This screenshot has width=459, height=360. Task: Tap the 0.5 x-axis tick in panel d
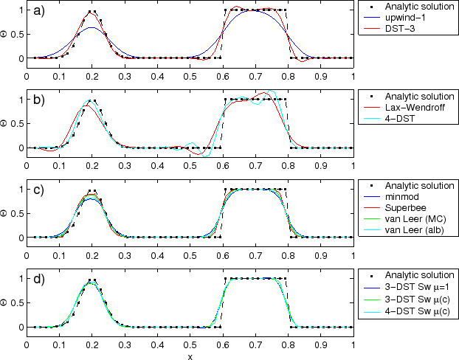190,344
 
